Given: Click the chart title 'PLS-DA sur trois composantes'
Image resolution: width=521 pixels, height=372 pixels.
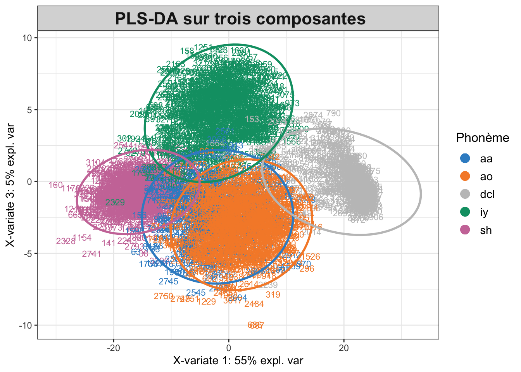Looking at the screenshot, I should [240, 19].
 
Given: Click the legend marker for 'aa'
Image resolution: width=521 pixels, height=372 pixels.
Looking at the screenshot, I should [464, 158].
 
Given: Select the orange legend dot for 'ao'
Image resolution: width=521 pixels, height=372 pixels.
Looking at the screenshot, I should [464, 176].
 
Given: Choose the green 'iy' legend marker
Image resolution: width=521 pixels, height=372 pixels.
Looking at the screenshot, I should [464, 212].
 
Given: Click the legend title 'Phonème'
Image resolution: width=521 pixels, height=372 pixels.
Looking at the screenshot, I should [482, 138].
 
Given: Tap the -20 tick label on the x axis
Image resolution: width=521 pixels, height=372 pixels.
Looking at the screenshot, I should [113, 348].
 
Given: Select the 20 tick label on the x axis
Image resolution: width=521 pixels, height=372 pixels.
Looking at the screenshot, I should [343, 348].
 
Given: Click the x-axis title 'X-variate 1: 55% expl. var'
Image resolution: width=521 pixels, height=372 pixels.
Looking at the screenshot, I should [238, 361].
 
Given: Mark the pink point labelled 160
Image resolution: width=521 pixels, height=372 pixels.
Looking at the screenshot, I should [56, 185].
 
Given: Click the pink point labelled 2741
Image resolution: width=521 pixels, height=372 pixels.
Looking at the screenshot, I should [91, 254].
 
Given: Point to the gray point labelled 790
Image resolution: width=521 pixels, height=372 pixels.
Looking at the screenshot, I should [333, 114].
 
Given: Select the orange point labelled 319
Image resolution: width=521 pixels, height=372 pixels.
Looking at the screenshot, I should [273, 295].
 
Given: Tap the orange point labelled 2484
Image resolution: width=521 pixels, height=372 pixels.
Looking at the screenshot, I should [254, 304].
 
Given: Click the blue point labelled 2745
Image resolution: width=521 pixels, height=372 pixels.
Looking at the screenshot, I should [168, 282].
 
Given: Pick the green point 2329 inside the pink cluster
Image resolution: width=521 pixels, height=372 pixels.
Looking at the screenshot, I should [115, 202].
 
